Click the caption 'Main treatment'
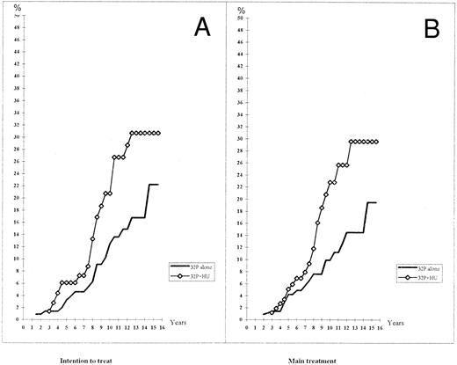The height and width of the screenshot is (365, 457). coord(309,359)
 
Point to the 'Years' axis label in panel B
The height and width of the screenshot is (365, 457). coord(406,325)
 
